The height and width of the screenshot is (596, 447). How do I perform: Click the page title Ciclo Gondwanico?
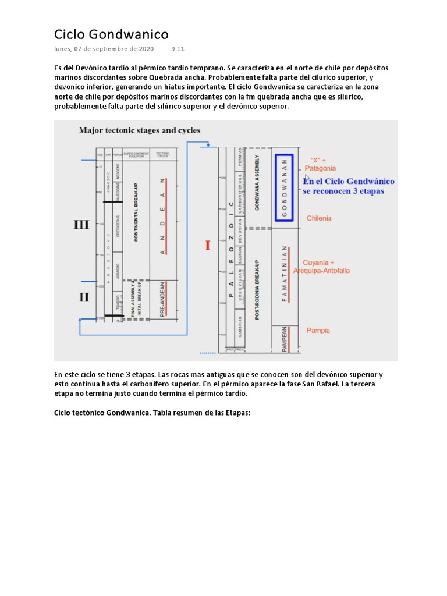pyautogui.click(x=112, y=34)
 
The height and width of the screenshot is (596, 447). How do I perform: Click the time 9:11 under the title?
pyautogui.click(x=178, y=49)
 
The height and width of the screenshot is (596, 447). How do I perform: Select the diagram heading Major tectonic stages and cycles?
pyautogui.click(x=140, y=130)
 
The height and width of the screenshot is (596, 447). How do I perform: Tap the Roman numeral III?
pyautogui.click(x=81, y=225)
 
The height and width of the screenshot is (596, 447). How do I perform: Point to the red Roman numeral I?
pyautogui.click(x=207, y=245)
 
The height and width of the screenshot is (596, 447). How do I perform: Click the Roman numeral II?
pyautogui.click(x=84, y=297)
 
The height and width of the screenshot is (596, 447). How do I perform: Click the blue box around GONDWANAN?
pyautogui.click(x=284, y=187)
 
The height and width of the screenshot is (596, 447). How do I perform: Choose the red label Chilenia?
pyautogui.click(x=319, y=218)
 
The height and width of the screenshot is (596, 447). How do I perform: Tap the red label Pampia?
pyautogui.click(x=318, y=331)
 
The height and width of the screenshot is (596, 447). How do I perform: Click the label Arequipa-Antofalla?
pyautogui.click(x=322, y=271)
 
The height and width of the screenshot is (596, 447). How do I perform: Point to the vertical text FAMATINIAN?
pyautogui.click(x=285, y=274)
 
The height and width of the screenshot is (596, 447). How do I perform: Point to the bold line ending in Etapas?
pyautogui.click(x=152, y=413)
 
